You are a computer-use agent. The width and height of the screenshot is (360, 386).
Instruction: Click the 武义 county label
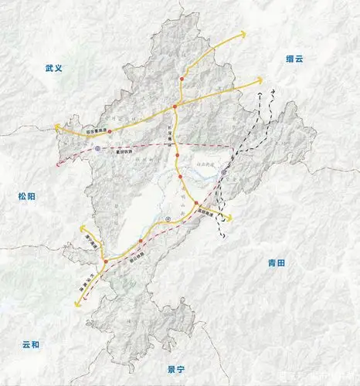(53, 69)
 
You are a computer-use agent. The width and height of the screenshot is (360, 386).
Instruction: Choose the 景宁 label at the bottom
(178, 370)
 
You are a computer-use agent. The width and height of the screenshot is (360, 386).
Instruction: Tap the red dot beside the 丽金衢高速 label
(110, 133)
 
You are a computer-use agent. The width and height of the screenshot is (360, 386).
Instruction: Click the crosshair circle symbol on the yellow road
(168, 220)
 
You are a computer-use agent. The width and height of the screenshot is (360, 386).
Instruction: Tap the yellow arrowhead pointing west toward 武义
(55, 125)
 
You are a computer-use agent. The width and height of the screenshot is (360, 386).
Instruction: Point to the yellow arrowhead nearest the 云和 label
(76, 304)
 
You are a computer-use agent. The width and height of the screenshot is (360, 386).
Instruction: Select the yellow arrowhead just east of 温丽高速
(229, 216)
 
